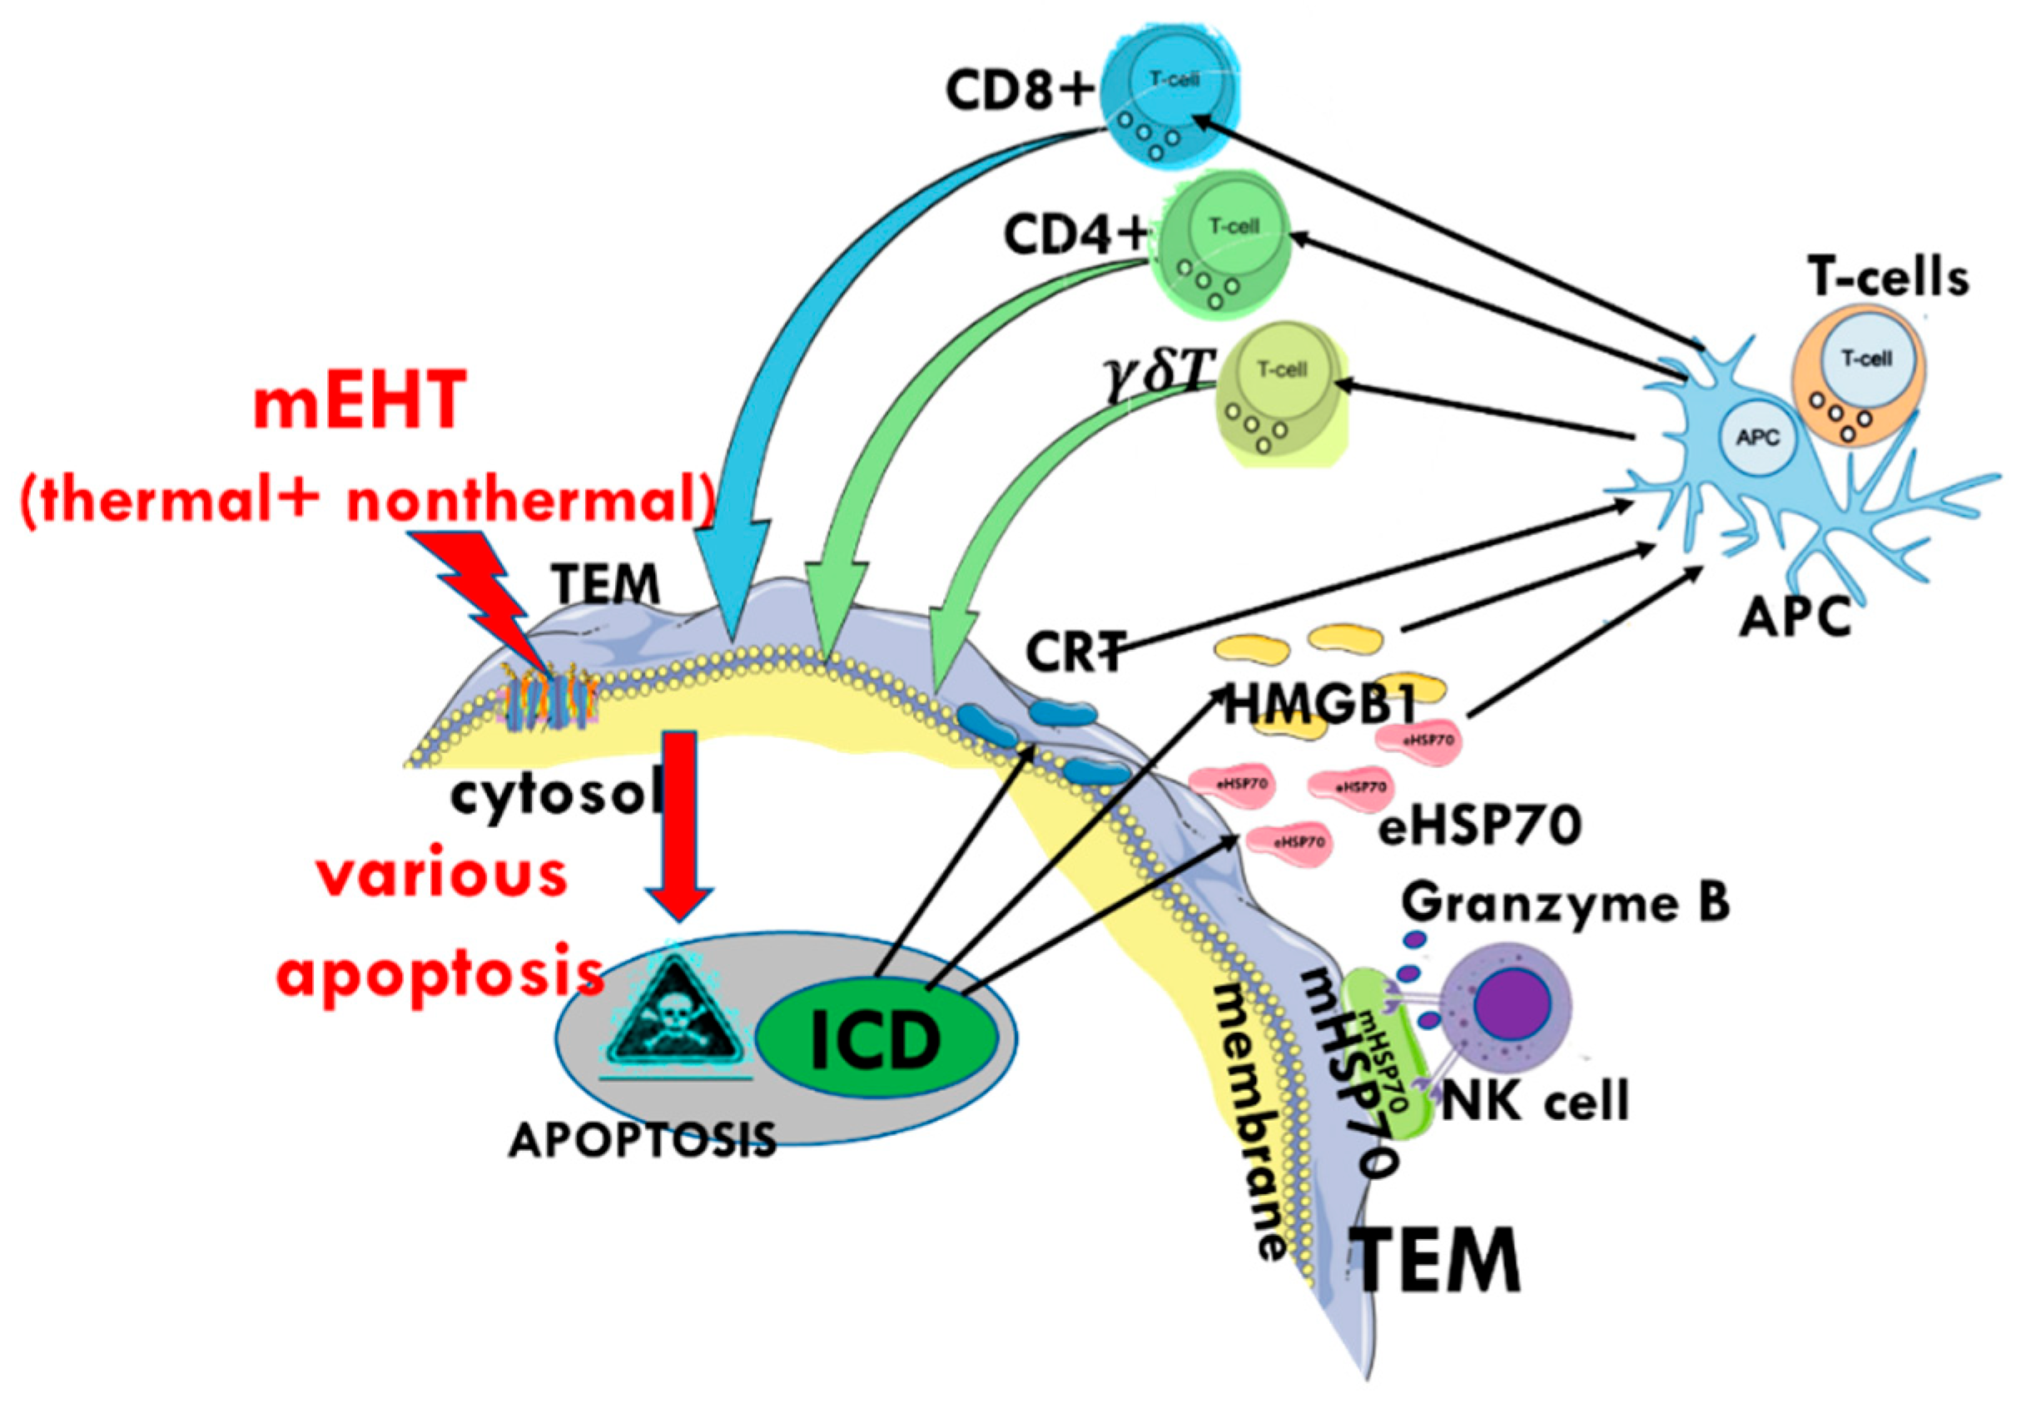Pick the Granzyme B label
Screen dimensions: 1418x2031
click(1565, 903)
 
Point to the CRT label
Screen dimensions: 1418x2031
click(1075, 652)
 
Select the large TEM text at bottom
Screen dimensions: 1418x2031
click(1438, 1262)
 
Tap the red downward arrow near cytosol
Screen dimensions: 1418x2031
click(679, 823)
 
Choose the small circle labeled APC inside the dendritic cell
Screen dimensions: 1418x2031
click(1757, 438)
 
